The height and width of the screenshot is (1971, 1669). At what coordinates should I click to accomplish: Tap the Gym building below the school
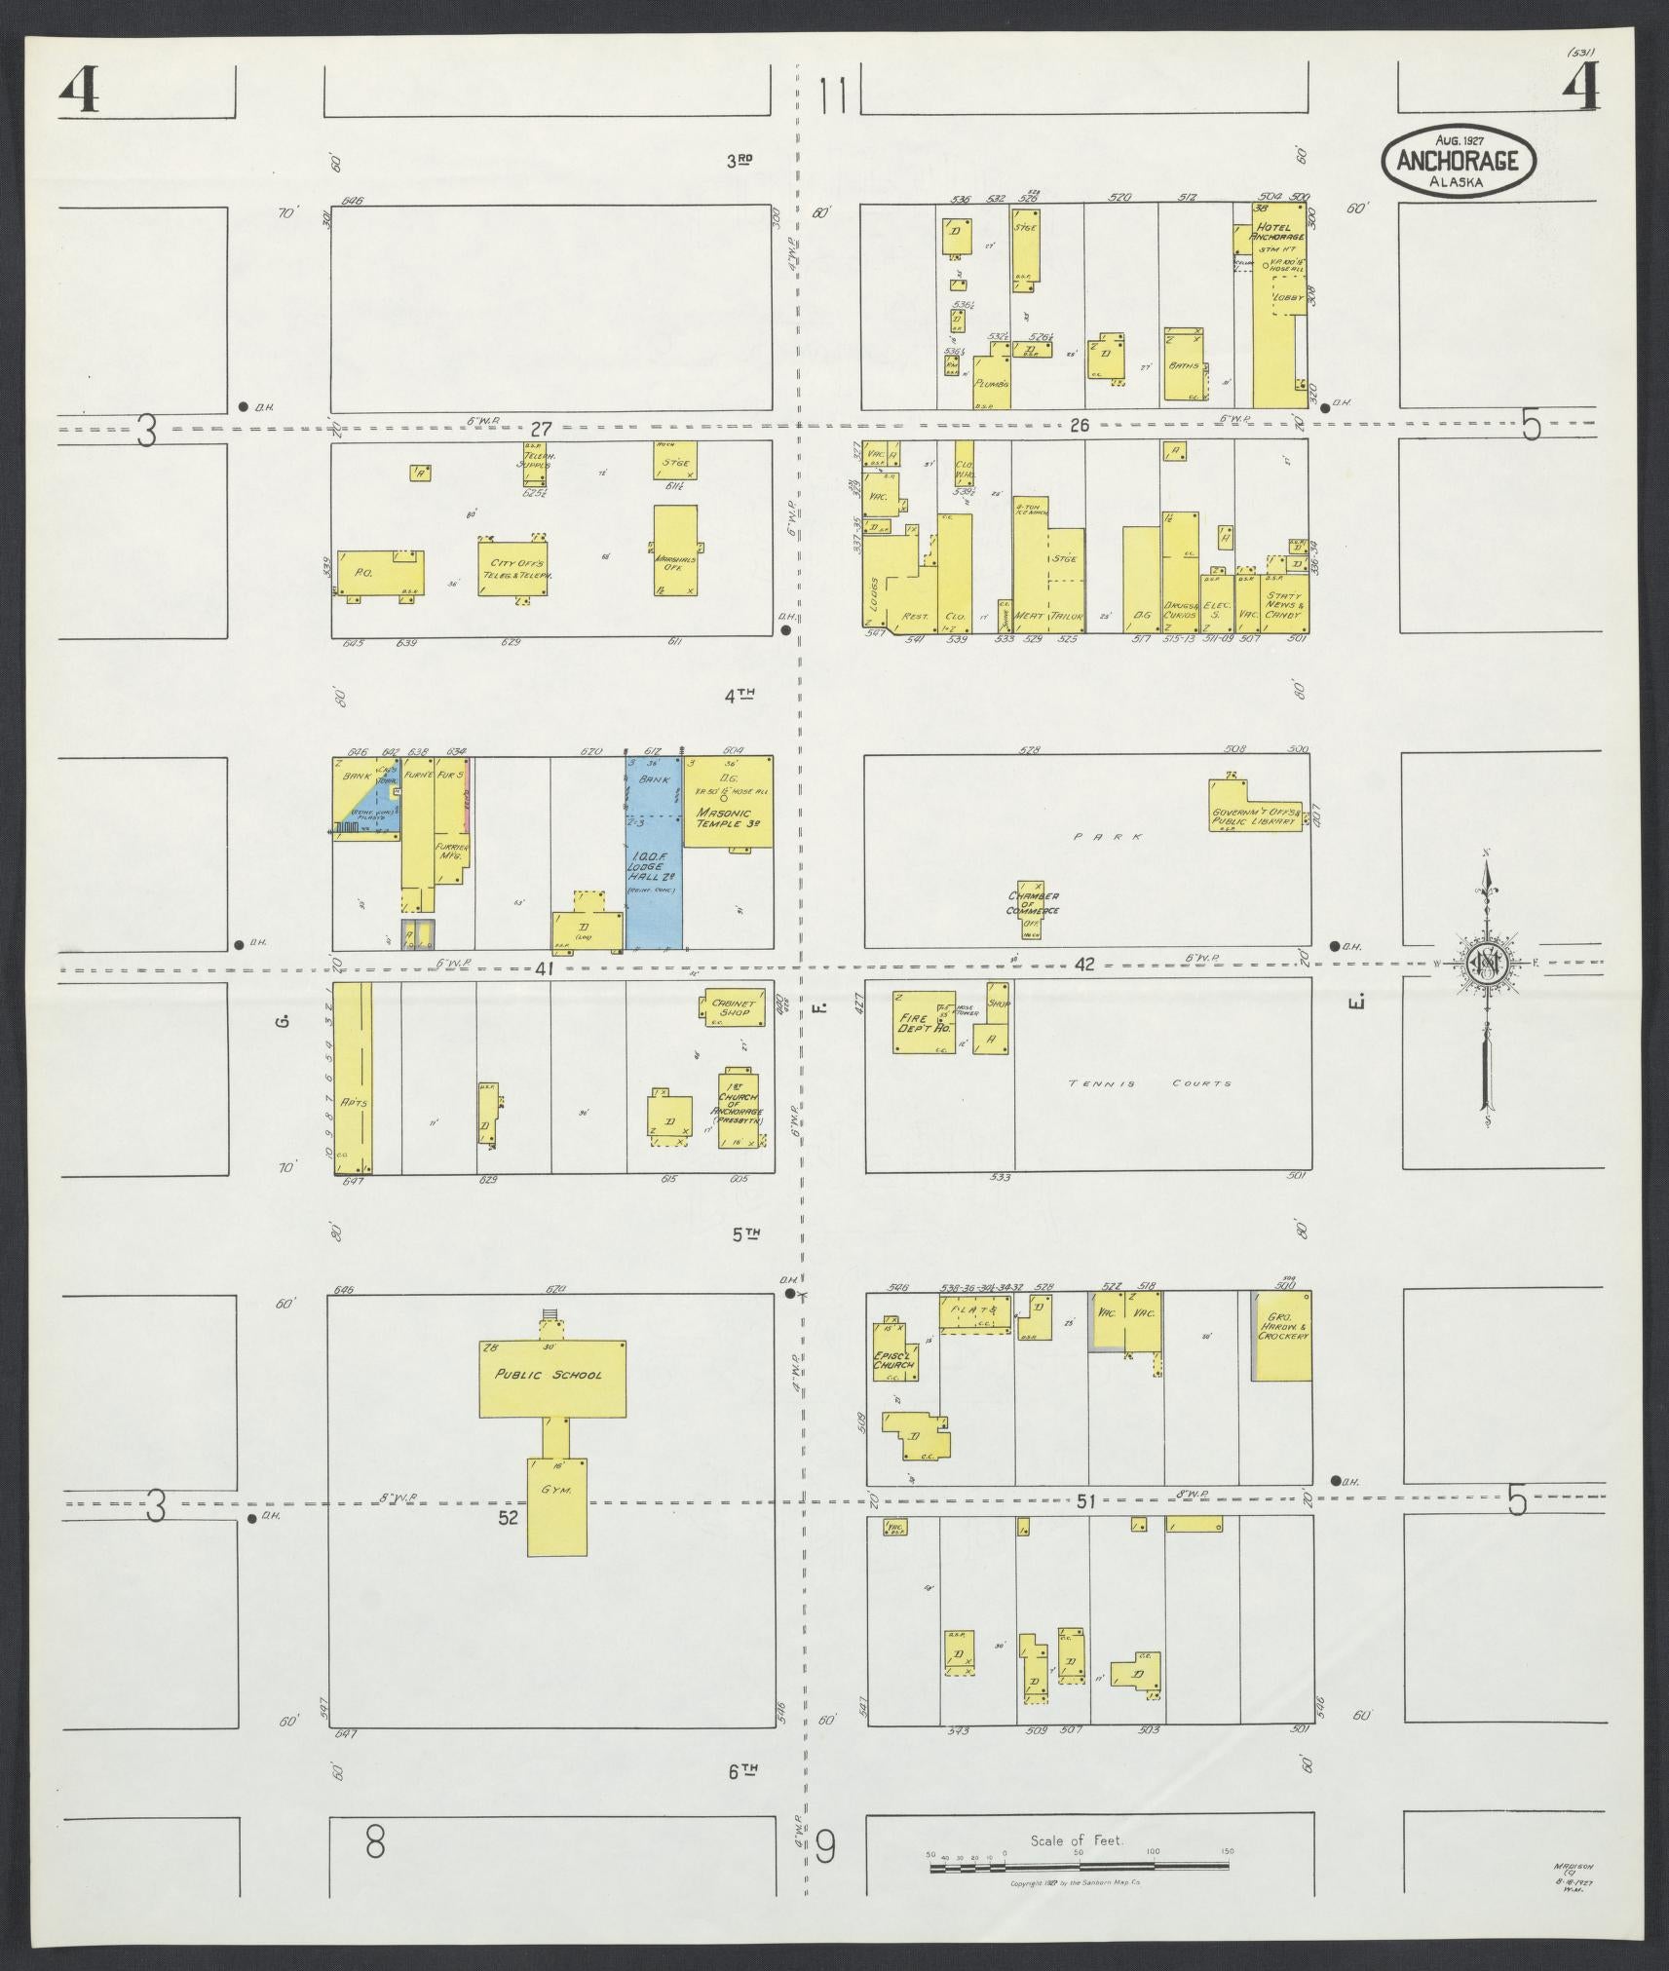coord(557,1519)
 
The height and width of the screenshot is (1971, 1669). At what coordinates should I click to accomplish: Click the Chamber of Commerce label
coord(1033,903)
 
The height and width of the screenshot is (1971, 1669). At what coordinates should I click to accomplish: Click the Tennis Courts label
coord(1149,1082)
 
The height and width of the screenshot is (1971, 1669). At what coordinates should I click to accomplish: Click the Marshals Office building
coord(675,551)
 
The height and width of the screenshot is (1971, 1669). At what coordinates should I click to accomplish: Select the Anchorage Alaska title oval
coord(1457,160)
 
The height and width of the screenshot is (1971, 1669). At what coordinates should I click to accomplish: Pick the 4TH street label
coord(740,695)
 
